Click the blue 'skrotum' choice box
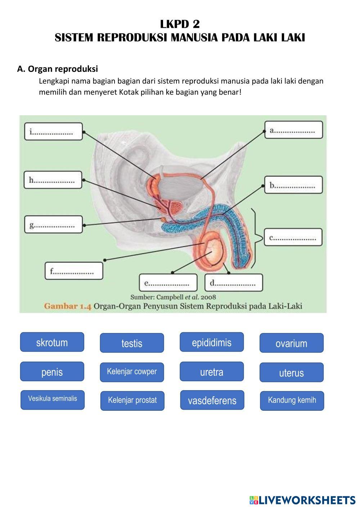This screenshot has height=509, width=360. pyautogui.click(x=52, y=342)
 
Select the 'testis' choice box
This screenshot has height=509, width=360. pyautogui.click(x=132, y=343)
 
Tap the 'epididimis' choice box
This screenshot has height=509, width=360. pyautogui.click(x=212, y=342)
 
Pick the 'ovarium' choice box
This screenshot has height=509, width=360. pyautogui.click(x=292, y=343)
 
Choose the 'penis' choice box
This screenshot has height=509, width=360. pyautogui.click(x=52, y=371)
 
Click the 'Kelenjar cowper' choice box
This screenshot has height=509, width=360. pyautogui.click(x=132, y=372)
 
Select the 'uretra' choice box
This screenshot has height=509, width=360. pyautogui.click(x=212, y=371)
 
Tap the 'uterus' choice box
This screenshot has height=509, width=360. pyautogui.click(x=292, y=372)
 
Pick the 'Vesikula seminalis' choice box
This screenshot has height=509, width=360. pyautogui.click(x=53, y=400)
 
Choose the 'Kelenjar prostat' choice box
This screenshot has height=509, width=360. pyautogui.click(x=132, y=400)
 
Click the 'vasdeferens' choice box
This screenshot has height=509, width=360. pyautogui.click(x=212, y=400)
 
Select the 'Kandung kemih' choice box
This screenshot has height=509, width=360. pyautogui.click(x=292, y=400)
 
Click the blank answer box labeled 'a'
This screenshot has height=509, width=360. pyautogui.click(x=294, y=130)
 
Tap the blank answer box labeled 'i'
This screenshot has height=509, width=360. pyautogui.click(x=53, y=132)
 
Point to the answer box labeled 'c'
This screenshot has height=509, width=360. pyautogui.click(x=293, y=237)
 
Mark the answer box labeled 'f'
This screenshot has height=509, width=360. pyautogui.click(x=74, y=271)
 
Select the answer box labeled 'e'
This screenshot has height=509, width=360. pyautogui.click(x=168, y=283)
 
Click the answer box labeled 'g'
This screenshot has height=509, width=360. pyautogui.click(x=53, y=225)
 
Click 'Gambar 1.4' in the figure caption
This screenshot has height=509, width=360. pyautogui.click(x=68, y=306)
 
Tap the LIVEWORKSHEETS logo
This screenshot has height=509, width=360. pyautogui.click(x=302, y=500)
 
